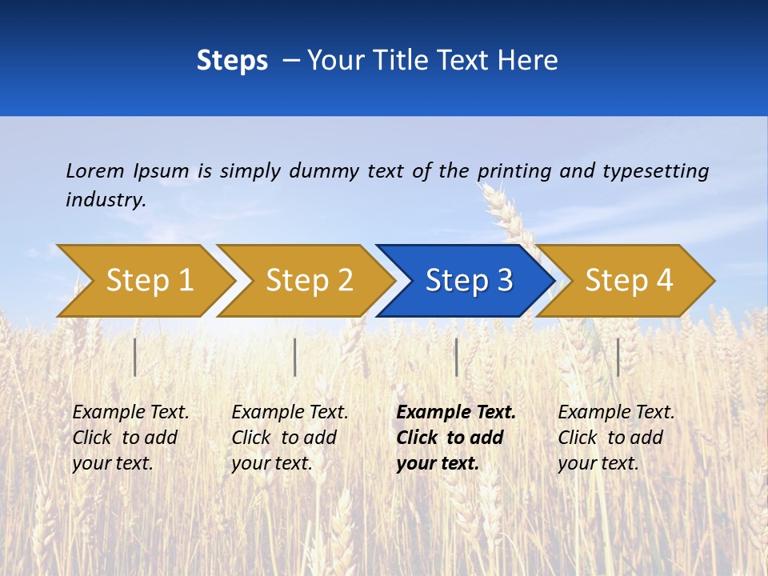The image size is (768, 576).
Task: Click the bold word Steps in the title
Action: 232,60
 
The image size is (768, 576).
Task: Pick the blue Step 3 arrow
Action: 469,280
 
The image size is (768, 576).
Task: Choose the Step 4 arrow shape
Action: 629,280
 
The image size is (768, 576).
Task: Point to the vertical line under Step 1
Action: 135,357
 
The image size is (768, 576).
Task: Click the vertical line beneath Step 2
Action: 295,357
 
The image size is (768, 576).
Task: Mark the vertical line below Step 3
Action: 456,357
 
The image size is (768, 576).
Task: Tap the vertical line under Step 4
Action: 618,357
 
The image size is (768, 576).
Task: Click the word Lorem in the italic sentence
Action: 94,170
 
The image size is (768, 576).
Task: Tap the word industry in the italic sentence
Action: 105,199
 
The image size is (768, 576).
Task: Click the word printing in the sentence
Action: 514,170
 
